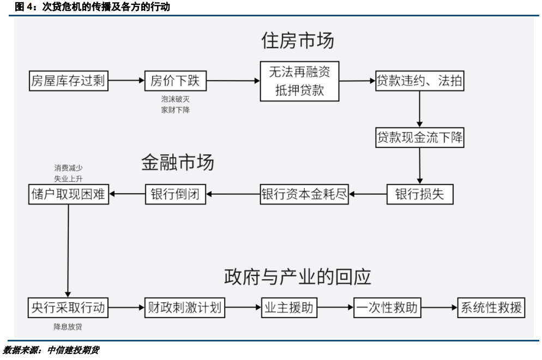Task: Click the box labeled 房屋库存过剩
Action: point(68,81)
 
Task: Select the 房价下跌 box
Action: point(176,81)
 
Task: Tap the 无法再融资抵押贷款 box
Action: point(299,81)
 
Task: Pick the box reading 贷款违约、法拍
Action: point(420,81)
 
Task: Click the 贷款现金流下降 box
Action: point(420,138)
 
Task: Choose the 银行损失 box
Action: point(420,194)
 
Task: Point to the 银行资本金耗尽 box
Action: point(304,194)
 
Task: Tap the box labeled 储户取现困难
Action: point(68,194)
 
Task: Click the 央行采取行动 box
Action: point(68,308)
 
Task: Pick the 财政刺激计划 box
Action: point(185,308)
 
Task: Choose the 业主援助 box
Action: point(288,308)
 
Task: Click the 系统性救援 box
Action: point(491,308)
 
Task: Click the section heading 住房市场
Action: point(298,40)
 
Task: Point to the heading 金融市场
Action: point(178,162)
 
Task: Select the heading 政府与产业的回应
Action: point(298,277)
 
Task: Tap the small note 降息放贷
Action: point(68,327)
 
